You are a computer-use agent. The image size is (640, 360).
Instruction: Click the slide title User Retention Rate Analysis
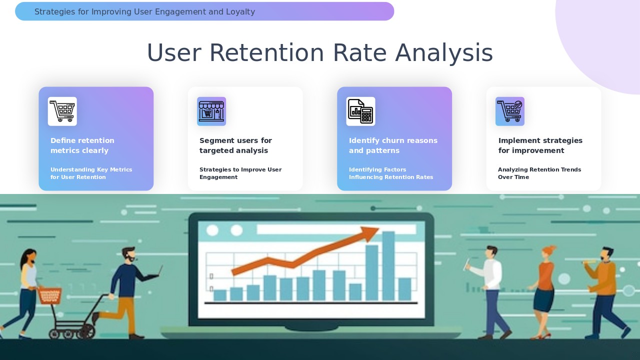[319, 53]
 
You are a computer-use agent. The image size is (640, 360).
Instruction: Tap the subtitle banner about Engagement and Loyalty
[204, 11]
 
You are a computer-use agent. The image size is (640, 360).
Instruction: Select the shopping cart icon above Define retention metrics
[62, 111]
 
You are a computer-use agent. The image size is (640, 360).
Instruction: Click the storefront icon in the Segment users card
[211, 111]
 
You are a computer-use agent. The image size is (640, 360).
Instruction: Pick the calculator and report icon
[360, 111]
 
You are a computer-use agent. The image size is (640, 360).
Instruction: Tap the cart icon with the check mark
[510, 111]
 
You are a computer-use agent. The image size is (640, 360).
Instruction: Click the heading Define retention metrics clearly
[82, 145]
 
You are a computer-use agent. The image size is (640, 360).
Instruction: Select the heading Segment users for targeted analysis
[235, 145]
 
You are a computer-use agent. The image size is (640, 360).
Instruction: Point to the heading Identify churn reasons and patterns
[393, 145]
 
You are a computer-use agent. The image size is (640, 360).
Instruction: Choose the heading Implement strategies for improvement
[540, 145]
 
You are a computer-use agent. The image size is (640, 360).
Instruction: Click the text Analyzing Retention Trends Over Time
[539, 173]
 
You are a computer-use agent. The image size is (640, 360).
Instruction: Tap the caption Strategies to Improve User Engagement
[240, 173]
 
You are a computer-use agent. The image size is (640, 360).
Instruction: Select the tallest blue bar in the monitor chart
[388, 265]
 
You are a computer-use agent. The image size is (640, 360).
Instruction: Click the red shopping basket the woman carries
[49, 295]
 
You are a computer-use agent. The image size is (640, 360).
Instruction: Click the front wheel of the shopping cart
[87, 331]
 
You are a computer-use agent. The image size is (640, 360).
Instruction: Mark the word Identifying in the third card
[363, 169]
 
